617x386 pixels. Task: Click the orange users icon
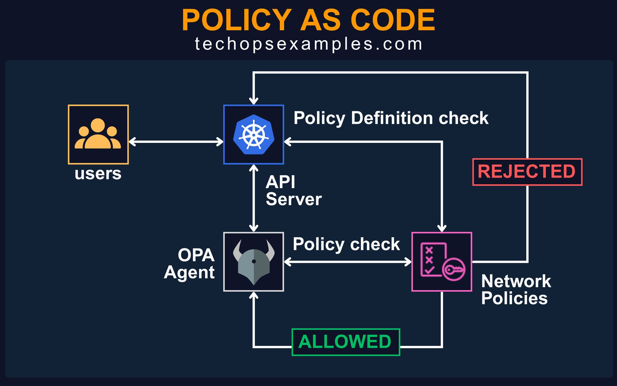point(98,134)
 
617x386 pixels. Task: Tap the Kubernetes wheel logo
point(254,134)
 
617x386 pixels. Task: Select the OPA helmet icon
point(254,262)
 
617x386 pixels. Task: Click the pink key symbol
point(454,270)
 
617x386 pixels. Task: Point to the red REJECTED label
point(527,172)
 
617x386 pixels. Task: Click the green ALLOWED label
point(345,342)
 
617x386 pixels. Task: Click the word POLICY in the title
point(237,20)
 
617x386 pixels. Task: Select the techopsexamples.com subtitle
point(308,44)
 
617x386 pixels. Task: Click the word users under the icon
point(98,174)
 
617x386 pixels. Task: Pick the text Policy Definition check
point(391,118)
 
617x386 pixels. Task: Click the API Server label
point(293,191)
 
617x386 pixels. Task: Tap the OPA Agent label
point(190,264)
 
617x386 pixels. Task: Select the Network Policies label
point(516,289)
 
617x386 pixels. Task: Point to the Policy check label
point(346,244)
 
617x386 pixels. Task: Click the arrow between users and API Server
point(176,142)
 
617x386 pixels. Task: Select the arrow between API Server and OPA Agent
point(254,198)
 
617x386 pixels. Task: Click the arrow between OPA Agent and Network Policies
point(348,262)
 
